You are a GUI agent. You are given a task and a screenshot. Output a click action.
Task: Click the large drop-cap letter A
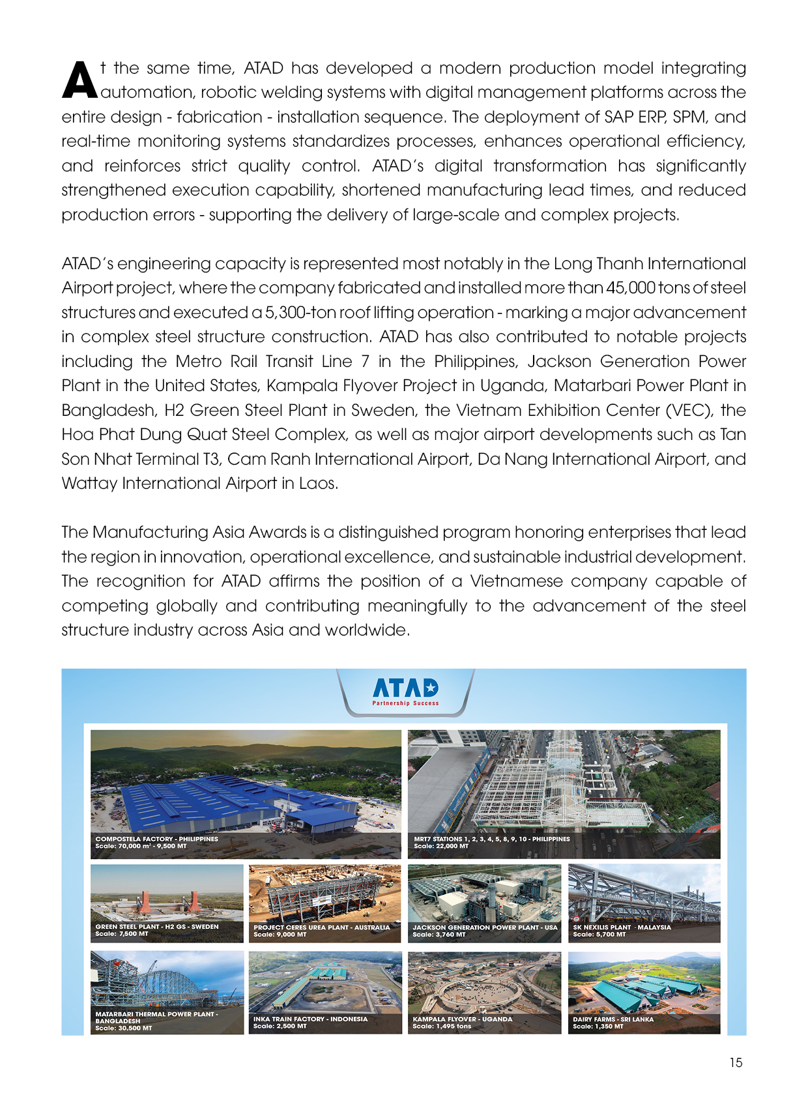[79, 80]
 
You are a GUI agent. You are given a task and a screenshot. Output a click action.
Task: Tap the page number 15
[736, 1062]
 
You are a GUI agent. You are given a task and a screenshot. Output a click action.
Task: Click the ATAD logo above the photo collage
[405, 688]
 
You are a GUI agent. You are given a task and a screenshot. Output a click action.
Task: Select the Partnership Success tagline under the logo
[405, 703]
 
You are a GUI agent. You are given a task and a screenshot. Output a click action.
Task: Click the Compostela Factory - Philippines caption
[156, 839]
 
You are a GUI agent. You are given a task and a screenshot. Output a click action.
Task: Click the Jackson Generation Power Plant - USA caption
[485, 927]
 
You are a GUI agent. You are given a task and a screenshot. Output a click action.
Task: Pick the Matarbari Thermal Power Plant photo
[166, 981]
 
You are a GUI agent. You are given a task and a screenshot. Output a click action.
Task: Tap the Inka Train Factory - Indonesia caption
[310, 1019]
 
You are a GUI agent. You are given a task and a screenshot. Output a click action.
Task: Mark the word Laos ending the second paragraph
[317, 484]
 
